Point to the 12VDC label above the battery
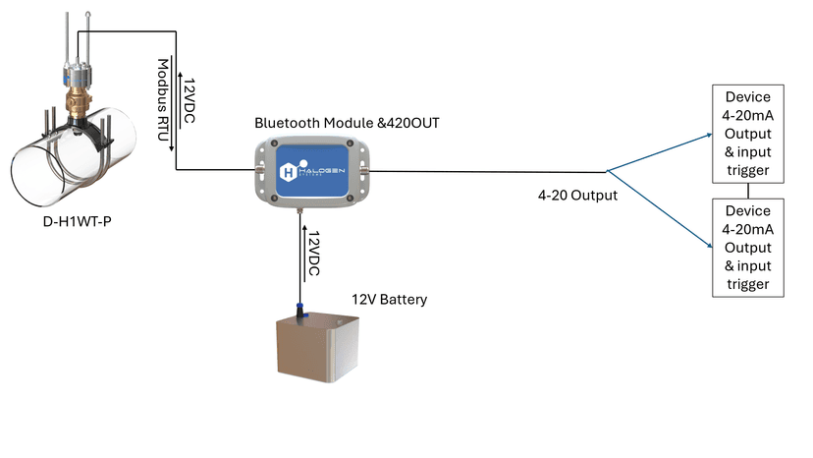pyautogui.click(x=313, y=255)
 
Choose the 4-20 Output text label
pyautogui.click(x=577, y=196)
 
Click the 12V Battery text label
pyautogui.click(x=390, y=299)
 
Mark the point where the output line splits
pyautogui.click(x=608, y=171)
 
